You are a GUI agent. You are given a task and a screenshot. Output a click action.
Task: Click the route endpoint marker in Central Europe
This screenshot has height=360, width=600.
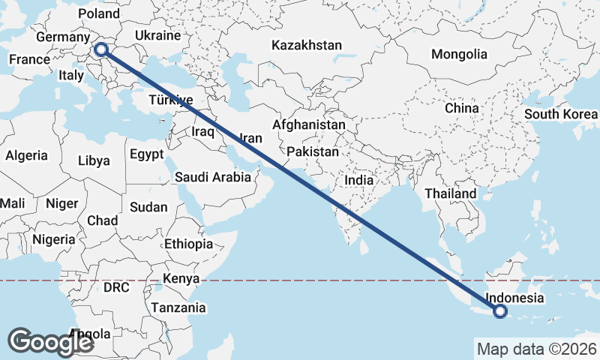101,50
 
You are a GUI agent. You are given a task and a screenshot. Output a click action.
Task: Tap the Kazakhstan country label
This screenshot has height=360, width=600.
307,46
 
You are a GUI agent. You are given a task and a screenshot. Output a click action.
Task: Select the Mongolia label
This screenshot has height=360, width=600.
459,54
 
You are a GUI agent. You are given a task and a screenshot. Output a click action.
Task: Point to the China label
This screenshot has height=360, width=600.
461,108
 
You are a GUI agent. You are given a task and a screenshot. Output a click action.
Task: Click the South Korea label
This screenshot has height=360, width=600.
561,114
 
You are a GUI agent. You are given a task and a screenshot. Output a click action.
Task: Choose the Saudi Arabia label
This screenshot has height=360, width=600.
212,178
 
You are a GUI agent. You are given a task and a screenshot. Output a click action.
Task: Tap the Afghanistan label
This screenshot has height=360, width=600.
310,124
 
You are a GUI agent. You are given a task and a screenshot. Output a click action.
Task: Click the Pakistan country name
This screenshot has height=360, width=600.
313,151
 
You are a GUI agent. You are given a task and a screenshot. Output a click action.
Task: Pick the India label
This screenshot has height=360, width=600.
358,181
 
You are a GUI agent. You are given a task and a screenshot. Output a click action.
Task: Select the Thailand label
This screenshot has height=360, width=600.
450,193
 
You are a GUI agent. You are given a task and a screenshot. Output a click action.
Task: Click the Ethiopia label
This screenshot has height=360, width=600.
189,244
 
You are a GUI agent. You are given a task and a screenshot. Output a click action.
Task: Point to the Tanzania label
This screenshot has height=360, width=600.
178,307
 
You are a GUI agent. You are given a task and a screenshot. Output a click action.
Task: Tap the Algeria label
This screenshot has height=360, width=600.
26,156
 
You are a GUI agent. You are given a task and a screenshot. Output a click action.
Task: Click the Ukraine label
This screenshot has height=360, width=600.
157,35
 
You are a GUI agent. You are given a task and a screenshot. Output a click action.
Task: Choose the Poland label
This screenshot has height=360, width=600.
98,14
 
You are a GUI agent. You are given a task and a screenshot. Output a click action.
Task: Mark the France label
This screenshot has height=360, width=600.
28,60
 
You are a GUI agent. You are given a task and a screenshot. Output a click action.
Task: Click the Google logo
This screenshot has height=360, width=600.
51,341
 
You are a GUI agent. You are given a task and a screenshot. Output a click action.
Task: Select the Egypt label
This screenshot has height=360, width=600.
146,155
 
